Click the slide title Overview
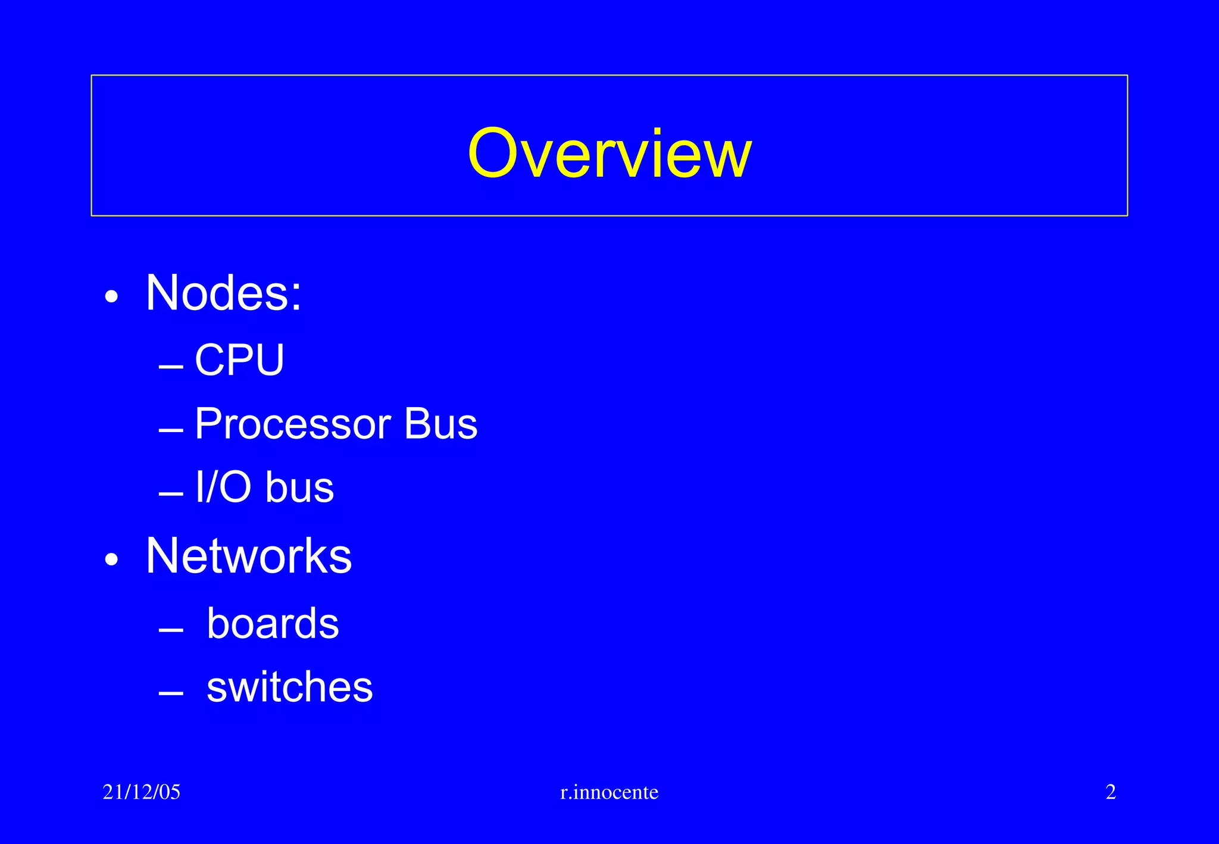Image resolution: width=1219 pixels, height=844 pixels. click(609, 154)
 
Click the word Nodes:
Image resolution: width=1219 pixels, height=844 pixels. click(224, 293)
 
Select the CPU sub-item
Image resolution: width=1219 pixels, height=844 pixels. click(239, 360)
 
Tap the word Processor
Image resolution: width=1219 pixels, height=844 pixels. click(293, 424)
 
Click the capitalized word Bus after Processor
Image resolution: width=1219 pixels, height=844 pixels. click(440, 424)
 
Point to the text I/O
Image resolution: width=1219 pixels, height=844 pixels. click(223, 487)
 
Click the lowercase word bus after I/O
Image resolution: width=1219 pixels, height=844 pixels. click(299, 487)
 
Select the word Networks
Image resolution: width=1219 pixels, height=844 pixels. click(249, 556)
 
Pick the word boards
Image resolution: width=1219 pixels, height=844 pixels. click(273, 624)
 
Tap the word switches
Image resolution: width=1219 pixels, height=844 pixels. click(289, 687)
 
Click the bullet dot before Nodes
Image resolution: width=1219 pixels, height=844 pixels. click(111, 296)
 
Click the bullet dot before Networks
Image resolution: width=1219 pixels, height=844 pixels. click(111, 559)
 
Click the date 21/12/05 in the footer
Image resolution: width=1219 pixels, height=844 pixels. click(142, 792)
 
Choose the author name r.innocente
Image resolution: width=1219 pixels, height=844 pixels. click(609, 792)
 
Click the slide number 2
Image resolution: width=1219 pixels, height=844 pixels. click(1111, 792)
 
